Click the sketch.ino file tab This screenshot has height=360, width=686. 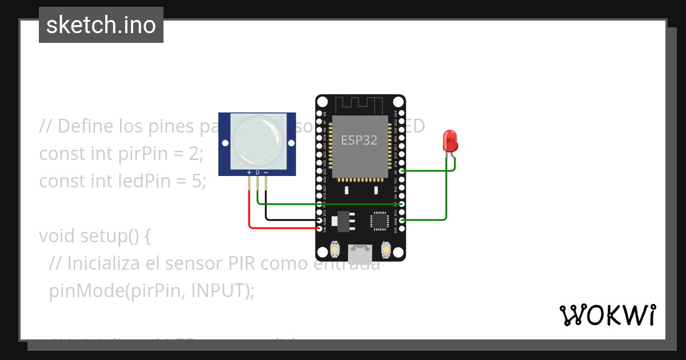pyautogui.click(x=101, y=25)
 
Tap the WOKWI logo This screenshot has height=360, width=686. pyautogui.click(x=607, y=315)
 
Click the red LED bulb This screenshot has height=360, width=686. pyautogui.click(x=450, y=141)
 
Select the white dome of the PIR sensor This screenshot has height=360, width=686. pyautogui.click(x=257, y=141)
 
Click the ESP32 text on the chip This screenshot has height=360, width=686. pyautogui.click(x=359, y=140)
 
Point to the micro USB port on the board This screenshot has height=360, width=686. pyautogui.click(x=360, y=254)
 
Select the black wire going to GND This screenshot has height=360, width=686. pyautogui.click(x=286, y=219)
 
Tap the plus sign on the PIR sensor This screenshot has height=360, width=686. pyautogui.click(x=249, y=172)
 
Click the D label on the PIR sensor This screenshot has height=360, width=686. pyautogui.click(x=257, y=172)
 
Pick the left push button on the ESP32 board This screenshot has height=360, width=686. pyautogui.click(x=334, y=249)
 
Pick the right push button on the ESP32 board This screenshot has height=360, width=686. pyautogui.click(x=386, y=249)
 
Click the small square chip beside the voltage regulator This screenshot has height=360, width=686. pyautogui.click(x=380, y=221)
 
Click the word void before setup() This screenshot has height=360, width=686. pyautogui.click(x=57, y=235)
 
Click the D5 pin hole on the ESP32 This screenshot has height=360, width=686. pyautogui.click(x=402, y=171)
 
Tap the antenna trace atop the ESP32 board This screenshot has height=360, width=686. pyautogui.click(x=359, y=105)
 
